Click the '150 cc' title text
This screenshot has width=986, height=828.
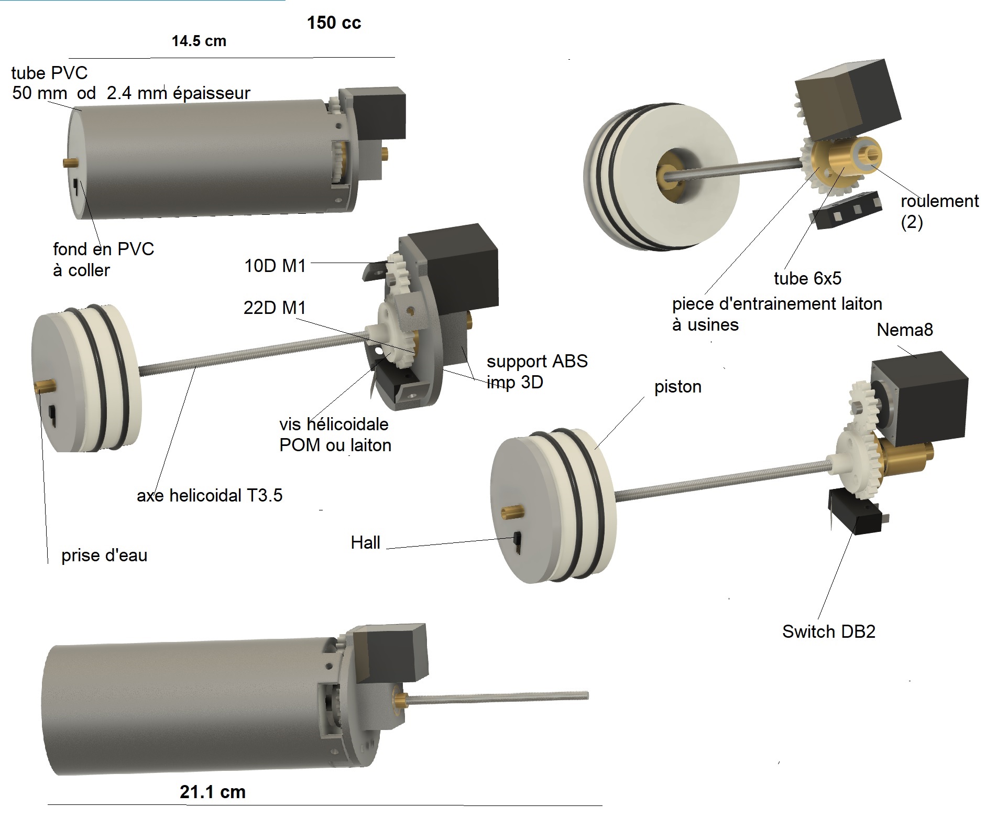[x=334, y=23]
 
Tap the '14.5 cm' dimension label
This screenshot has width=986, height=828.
[x=199, y=41]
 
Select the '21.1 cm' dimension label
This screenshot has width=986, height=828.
[x=212, y=792]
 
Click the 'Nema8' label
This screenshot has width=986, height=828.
[x=905, y=330]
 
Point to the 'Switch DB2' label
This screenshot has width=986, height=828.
[x=828, y=631]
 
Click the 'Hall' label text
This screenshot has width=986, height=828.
[x=365, y=542]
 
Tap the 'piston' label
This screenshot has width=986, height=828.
[x=677, y=386]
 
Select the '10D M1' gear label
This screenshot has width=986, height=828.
[x=275, y=266]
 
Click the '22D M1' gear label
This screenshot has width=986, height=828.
[x=275, y=308]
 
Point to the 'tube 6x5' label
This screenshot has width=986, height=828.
[x=807, y=278]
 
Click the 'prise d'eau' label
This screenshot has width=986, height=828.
[x=104, y=555]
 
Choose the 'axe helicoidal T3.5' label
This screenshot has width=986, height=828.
[x=210, y=495]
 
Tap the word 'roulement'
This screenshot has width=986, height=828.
[x=939, y=201]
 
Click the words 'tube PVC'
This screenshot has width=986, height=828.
[x=49, y=73]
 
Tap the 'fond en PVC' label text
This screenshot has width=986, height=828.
[x=104, y=249]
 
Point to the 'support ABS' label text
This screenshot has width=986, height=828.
[x=537, y=361]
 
